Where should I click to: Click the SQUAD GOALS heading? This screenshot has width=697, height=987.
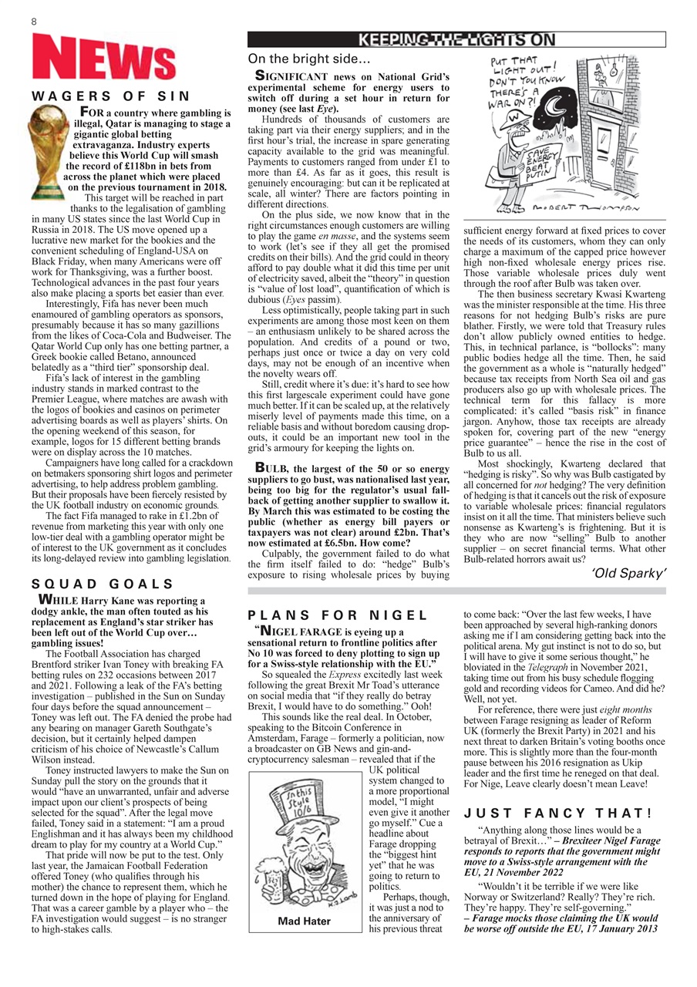click(x=102, y=584)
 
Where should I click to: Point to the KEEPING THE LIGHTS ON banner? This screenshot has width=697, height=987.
click(x=456, y=40)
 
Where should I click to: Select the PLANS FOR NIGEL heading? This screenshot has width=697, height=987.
click(x=338, y=615)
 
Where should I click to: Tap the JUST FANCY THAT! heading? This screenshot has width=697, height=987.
click(x=558, y=813)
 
